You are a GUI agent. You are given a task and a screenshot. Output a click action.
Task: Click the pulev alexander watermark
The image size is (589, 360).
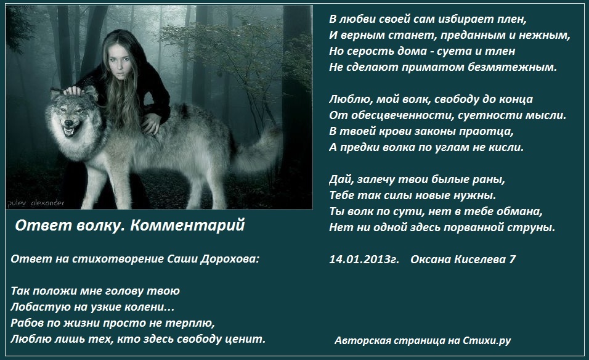(x=36, y=203)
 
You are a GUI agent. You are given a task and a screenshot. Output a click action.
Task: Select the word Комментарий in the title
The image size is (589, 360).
(x=187, y=225)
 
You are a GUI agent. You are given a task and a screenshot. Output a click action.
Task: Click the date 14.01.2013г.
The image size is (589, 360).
(x=364, y=259)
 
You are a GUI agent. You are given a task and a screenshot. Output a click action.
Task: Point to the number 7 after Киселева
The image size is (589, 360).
(x=513, y=259)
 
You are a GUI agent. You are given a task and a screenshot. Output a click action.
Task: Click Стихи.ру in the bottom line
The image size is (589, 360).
(x=487, y=340)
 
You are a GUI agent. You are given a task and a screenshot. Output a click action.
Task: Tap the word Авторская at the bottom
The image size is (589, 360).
(x=359, y=340)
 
